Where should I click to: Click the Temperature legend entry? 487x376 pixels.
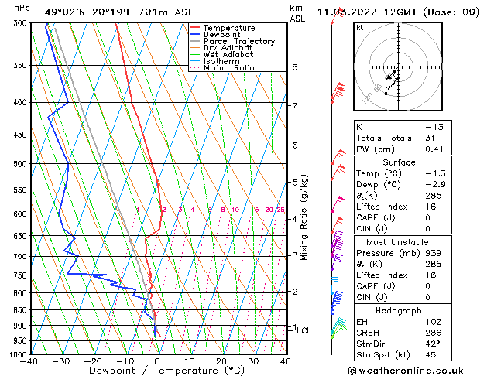tap(229, 28)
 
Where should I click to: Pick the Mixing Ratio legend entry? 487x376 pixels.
tap(228, 68)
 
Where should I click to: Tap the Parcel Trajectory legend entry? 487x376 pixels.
tap(238, 42)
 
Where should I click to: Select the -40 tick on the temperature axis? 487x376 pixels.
tap(29, 361)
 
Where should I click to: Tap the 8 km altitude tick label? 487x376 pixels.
tap(294, 67)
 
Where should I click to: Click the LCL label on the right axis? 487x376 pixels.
tap(304, 330)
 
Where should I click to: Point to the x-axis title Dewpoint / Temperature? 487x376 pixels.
tap(157, 371)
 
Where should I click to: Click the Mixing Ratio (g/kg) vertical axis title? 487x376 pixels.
tap(304, 217)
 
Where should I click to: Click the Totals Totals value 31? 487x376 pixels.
tap(430, 138)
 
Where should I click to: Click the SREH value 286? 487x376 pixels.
tap(432, 333)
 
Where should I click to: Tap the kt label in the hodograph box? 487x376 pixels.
tap(360, 27)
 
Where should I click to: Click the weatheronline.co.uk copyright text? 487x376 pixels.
tap(419, 370)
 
